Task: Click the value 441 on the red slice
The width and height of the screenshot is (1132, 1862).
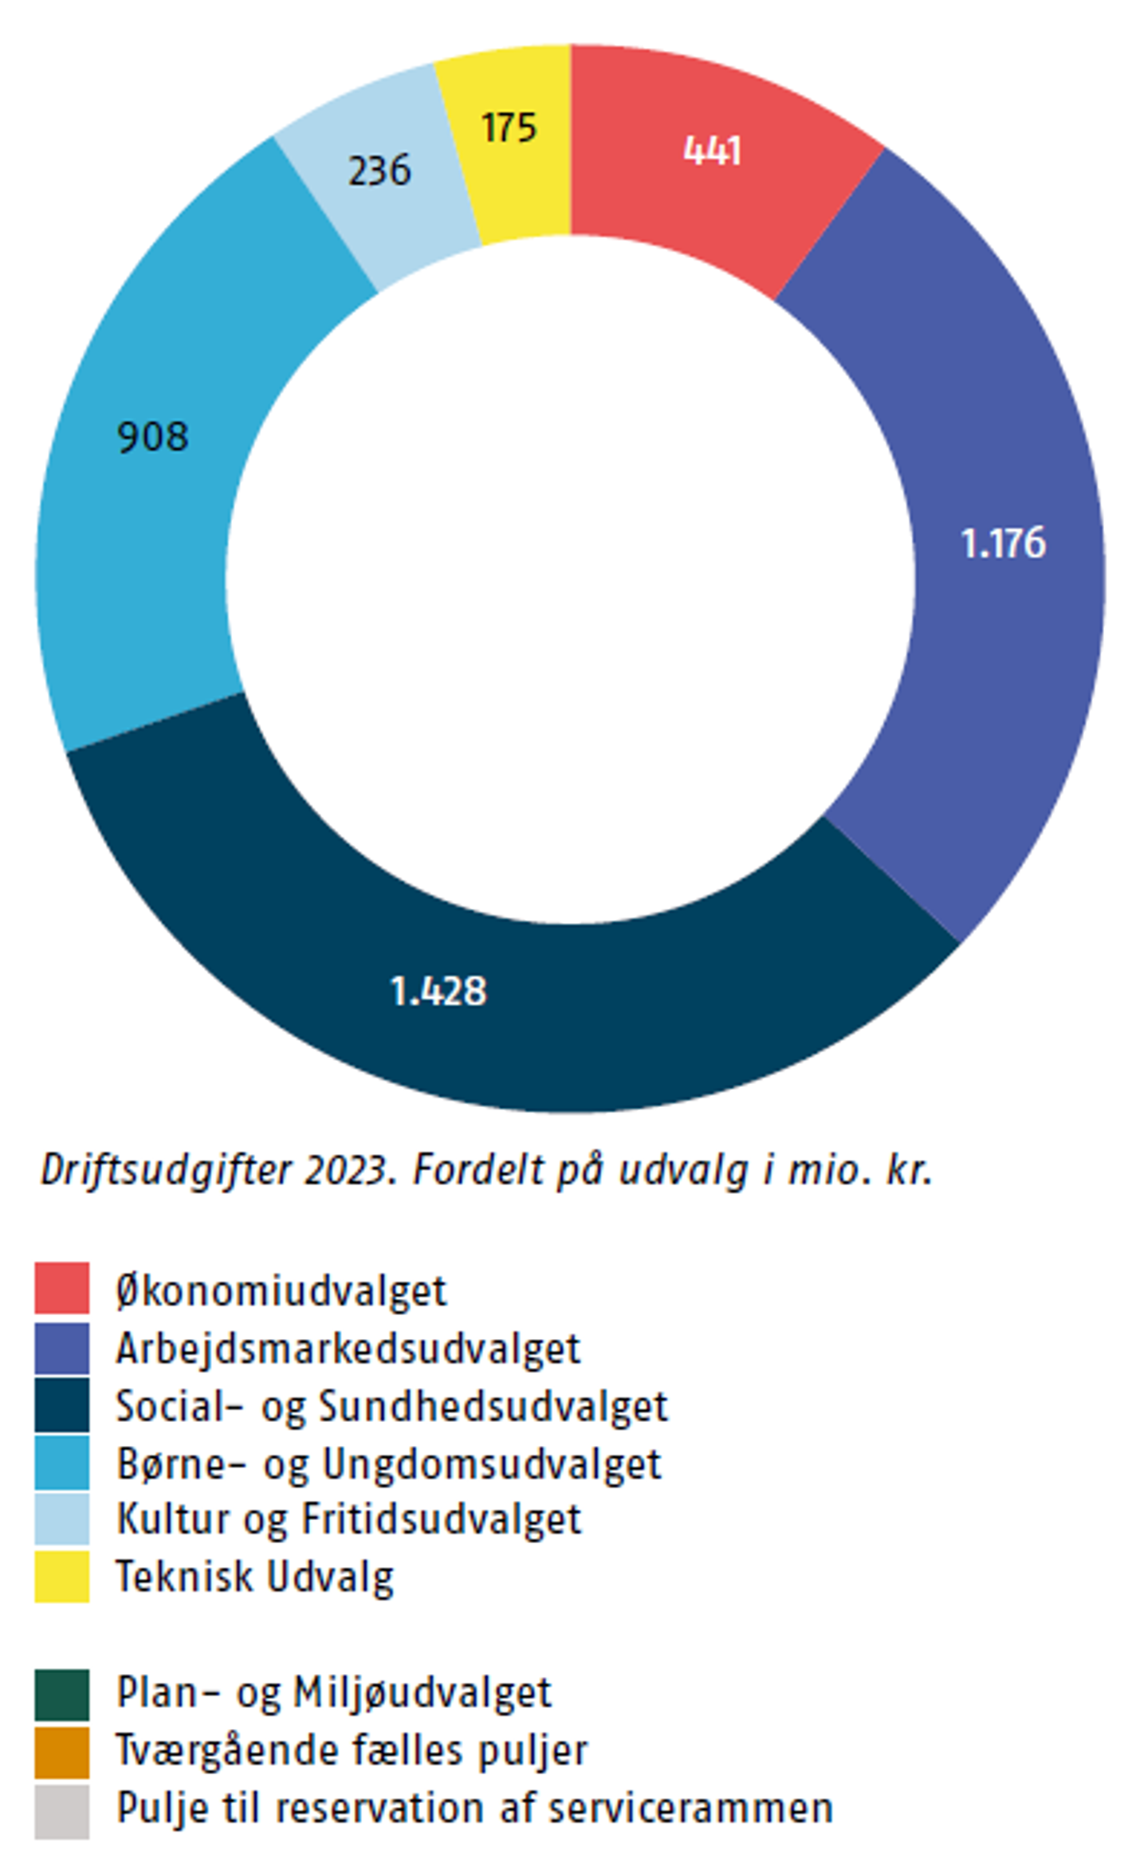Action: pyautogui.click(x=712, y=150)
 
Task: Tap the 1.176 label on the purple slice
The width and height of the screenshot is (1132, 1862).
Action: pyautogui.click(x=1003, y=544)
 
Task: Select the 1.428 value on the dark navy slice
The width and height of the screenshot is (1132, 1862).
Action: pyautogui.click(x=438, y=992)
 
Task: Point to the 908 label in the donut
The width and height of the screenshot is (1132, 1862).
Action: pyautogui.click(x=152, y=437)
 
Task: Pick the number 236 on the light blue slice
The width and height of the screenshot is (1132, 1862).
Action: pyautogui.click(x=379, y=171)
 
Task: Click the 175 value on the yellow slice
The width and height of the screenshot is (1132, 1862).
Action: pyautogui.click(x=509, y=128)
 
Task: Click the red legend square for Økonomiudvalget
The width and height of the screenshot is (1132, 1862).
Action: pyautogui.click(x=61, y=1288)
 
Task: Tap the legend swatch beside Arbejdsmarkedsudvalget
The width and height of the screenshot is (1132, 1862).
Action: pyautogui.click(x=61, y=1349)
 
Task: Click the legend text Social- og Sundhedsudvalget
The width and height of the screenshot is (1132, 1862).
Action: pyautogui.click(x=391, y=1406)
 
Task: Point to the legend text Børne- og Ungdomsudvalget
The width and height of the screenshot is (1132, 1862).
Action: pyautogui.click(x=388, y=1463)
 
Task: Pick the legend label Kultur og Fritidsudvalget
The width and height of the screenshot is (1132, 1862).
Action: pyautogui.click(x=348, y=1519)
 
